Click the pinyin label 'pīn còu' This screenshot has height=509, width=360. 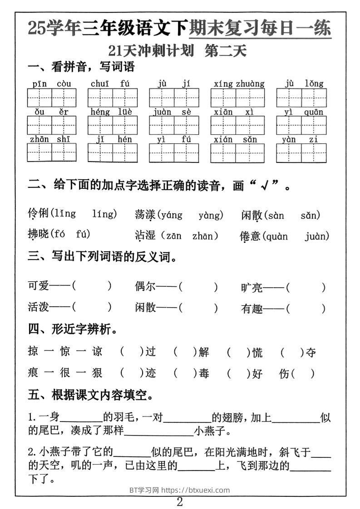click(52, 84)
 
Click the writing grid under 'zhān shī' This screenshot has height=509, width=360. click(52, 153)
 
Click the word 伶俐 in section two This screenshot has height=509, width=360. click(38, 214)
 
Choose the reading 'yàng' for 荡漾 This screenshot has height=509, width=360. click(210, 215)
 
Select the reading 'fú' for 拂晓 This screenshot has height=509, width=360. click(83, 235)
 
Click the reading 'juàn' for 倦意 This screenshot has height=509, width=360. click(316, 236)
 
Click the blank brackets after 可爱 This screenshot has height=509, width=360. click(92, 286)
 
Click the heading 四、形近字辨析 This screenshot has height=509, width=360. click(73, 330)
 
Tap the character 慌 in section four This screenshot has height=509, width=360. click(257, 352)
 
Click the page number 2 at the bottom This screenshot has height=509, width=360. click(180, 502)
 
